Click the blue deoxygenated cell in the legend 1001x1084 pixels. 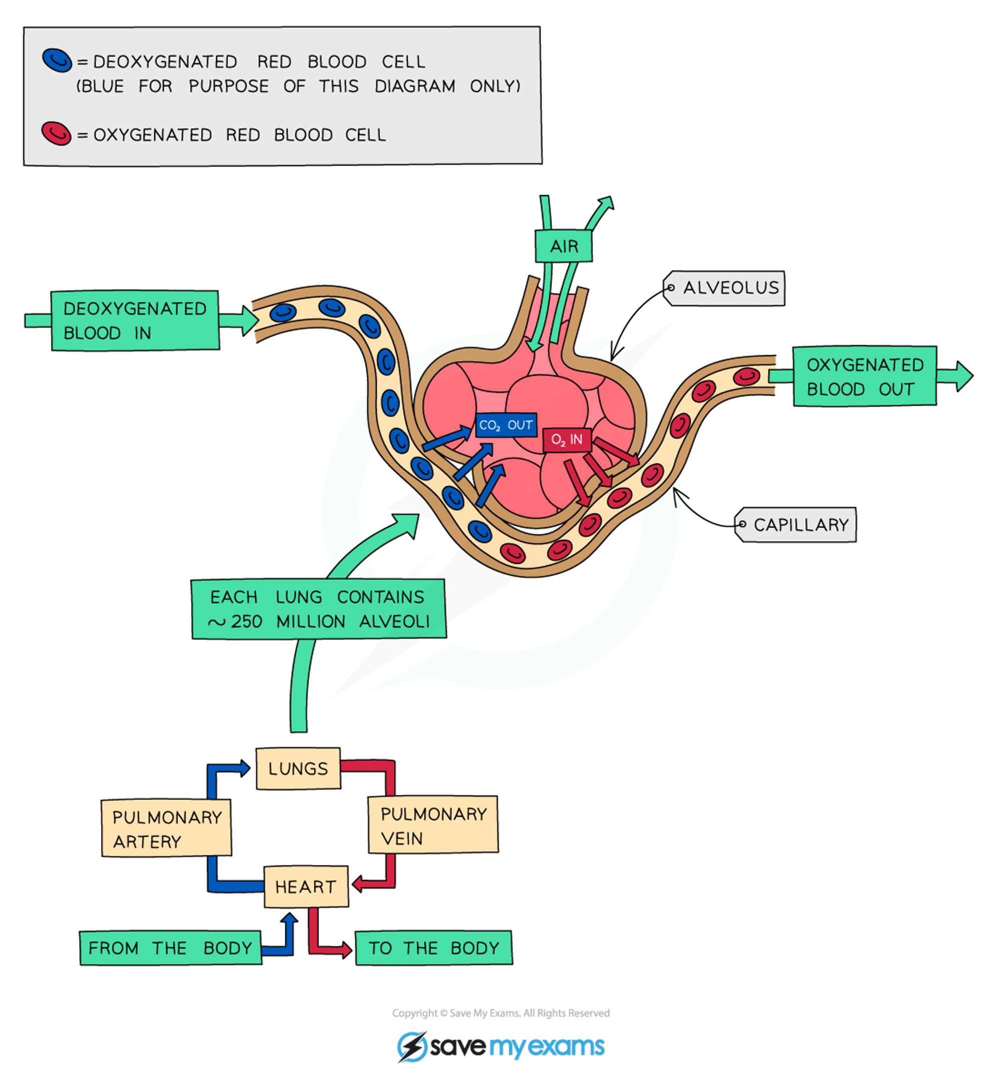coord(57,60)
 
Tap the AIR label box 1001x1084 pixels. coord(564,246)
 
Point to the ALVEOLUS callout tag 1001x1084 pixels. coord(725,288)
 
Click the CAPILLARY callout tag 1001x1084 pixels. coord(796,524)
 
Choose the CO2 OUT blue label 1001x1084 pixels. coord(506,425)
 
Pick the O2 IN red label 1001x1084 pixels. coord(566,439)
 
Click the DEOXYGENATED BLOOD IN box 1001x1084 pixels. coord(135,321)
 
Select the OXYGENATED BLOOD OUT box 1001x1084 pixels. coord(864,376)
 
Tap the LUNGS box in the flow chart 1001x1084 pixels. coord(298,768)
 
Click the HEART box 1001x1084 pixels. coord(305,886)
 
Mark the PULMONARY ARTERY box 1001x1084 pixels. coord(166,828)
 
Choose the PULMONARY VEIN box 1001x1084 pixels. coord(433,825)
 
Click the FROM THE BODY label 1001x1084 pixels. coord(170,947)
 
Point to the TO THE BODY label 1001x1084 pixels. coord(433,947)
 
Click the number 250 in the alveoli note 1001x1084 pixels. coord(246,621)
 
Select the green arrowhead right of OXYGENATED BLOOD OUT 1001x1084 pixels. coord(963,376)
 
